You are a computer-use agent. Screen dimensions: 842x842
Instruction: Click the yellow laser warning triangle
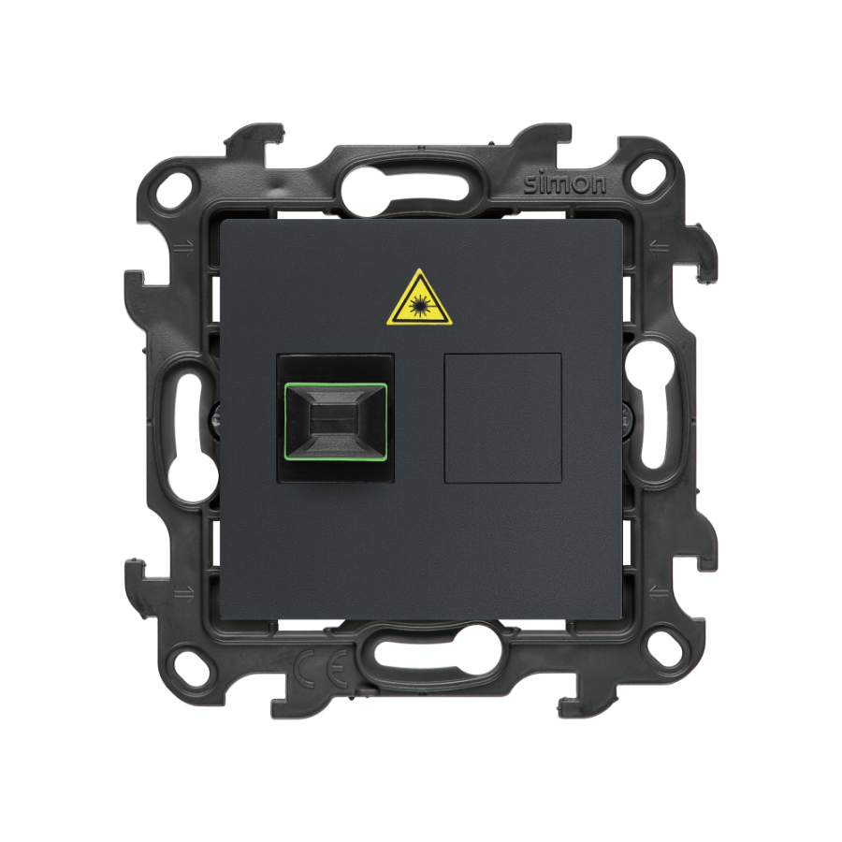pos(420,299)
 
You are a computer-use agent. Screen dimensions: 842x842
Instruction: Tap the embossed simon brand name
pos(565,184)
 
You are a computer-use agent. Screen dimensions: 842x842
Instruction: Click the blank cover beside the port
pos(503,418)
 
